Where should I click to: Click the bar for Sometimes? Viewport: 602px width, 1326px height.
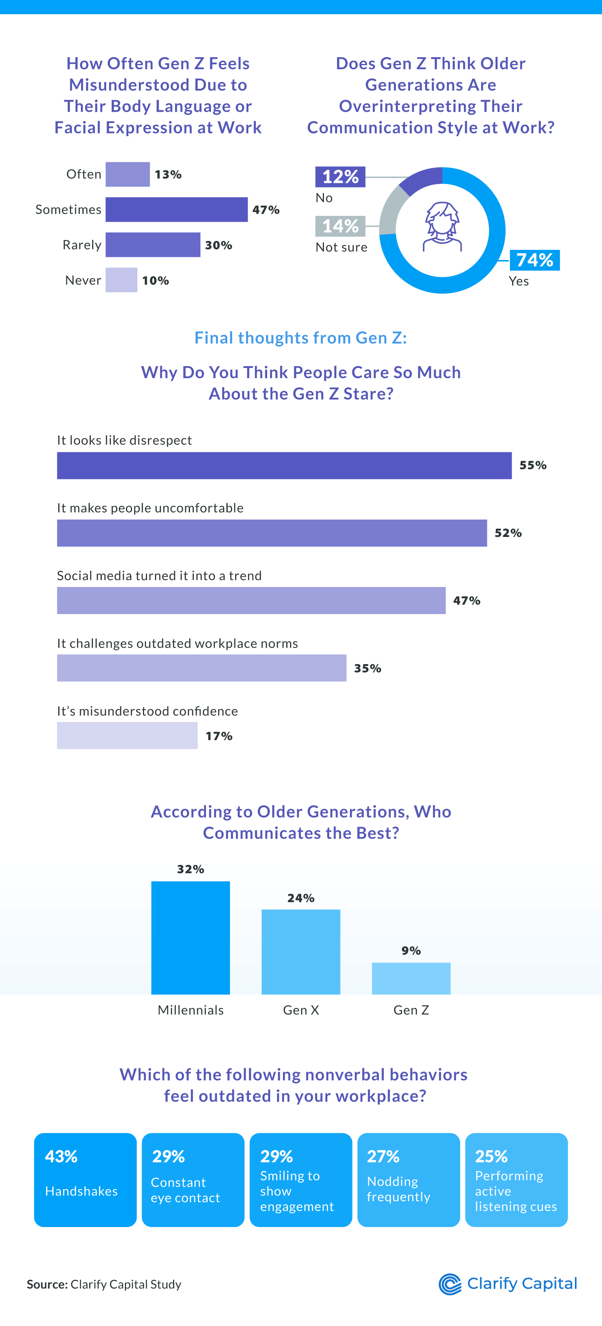pyautogui.click(x=176, y=210)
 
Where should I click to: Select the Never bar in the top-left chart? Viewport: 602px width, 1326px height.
pyautogui.click(x=122, y=280)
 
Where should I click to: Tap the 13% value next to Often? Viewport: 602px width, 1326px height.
pyautogui.click(x=168, y=175)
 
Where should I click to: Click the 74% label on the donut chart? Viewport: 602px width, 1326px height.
pyautogui.click(x=535, y=260)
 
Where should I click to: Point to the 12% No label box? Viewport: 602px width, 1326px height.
pyautogui.click(x=340, y=176)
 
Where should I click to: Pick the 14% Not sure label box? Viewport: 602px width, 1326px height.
pyautogui.click(x=340, y=226)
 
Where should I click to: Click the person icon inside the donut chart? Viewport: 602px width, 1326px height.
pyautogui.click(x=442, y=227)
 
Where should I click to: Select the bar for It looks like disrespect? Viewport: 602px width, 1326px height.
pyautogui.click(x=284, y=465)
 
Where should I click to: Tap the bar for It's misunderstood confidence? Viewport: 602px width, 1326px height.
pyautogui.click(x=127, y=736)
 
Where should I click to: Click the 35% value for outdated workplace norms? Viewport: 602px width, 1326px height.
pyautogui.click(x=367, y=668)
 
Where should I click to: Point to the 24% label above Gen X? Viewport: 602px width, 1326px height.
pyautogui.click(x=301, y=898)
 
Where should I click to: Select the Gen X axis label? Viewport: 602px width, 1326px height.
pyautogui.click(x=301, y=1010)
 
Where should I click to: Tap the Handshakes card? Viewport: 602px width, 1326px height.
pyautogui.click(x=85, y=1180)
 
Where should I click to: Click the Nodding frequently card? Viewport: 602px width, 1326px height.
pyautogui.click(x=409, y=1180)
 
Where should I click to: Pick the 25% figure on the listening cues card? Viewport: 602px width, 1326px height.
pyautogui.click(x=491, y=1157)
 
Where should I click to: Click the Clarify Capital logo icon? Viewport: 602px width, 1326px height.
pyautogui.click(x=450, y=1284)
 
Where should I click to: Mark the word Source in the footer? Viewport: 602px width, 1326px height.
pyautogui.click(x=47, y=1284)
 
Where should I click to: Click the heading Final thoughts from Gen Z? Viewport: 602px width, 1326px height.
pyautogui.click(x=301, y=338)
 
